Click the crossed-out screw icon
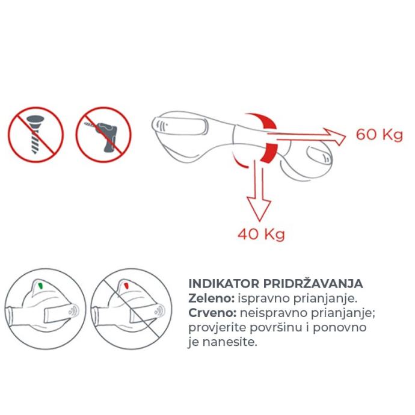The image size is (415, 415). click(x=35, y=135)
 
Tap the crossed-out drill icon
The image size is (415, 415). click(x=103, y=135)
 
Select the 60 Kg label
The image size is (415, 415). click(x=379, y=135)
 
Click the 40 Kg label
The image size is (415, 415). click(x=261, y=234)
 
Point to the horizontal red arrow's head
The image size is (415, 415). click(x=336, y=137)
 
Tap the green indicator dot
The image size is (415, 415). click(x=41, y=285)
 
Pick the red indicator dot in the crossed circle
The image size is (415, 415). click(x=126, y=286)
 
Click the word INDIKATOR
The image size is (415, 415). click(x=224, y=284)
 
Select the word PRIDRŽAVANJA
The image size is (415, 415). click(x=313, y=283)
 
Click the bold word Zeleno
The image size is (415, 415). click(x=212, y=298)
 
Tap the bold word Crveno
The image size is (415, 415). click(x=212, y=313)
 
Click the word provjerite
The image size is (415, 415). click(x=217, y=328)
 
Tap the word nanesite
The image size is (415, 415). click(x=230, y=342)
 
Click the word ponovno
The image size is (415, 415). click(x=340, y=328)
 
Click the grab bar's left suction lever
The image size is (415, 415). click(x=180, y=124)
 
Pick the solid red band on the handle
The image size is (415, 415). click(x=268, y=152)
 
